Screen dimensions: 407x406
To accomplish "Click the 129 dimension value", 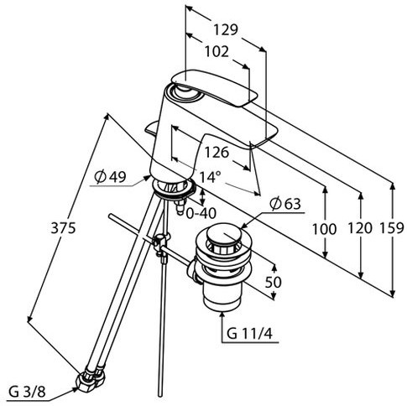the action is coord(226,29).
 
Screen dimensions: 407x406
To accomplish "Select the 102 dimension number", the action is coord(217,52).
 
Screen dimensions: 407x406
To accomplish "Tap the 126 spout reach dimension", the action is coord(217,153).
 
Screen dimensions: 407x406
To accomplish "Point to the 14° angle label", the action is coord(210,177).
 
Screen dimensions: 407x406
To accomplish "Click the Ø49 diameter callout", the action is coord(110,176).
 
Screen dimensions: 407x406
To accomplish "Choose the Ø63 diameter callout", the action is coord(285,204).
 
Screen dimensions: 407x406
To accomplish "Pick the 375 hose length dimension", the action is coord(63,228).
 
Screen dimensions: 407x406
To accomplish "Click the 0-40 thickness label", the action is coord(201,214).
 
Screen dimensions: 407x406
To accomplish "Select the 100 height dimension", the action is coord(324,229).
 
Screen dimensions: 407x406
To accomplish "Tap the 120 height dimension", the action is coord(360,228).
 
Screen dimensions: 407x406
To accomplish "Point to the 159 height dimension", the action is coord(392,228).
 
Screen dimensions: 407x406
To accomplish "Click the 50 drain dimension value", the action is coord(273,282).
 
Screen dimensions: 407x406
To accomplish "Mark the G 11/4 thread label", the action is coord(249,333).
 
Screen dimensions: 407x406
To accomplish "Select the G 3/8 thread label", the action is coord(27,392).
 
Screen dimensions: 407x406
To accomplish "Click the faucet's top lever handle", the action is coord(214,87).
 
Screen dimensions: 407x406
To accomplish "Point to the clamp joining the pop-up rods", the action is coord(161,244).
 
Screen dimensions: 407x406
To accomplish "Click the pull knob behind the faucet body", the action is coord(151,128).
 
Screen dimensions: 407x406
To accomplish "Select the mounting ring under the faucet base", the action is coord(173,190).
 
